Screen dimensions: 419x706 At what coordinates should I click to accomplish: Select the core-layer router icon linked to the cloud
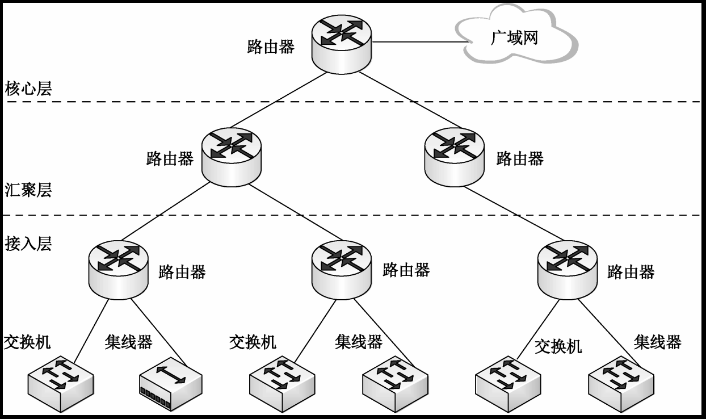pyautogui.click(x=341, y=43)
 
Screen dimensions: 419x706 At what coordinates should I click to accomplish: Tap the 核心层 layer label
pyautogui.click(x=28, y=89)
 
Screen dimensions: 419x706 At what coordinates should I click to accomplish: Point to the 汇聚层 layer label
pyautogui.click(x=28, y=190)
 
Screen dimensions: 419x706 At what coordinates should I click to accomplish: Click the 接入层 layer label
pyautogui.click(x=28, y=244)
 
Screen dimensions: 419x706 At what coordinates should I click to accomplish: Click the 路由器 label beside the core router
pyautogui.click(x=271, y=47)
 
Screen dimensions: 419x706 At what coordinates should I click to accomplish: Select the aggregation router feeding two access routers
pyautogui.click(x=232, y=156)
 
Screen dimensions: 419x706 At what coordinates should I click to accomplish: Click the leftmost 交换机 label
pyautogui.click(x=27, y=342)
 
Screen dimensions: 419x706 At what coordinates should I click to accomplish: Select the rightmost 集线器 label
pyautogui.click(x=657, y=342)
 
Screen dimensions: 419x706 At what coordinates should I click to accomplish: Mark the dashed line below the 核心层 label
pyautogui.click(x=352, y=102)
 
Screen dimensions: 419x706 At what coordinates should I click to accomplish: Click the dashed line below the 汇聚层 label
pyautogui.click(x=352, y=215)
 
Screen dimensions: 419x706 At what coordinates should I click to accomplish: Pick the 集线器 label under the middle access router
pyautogui.click(x=359, y=342)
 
